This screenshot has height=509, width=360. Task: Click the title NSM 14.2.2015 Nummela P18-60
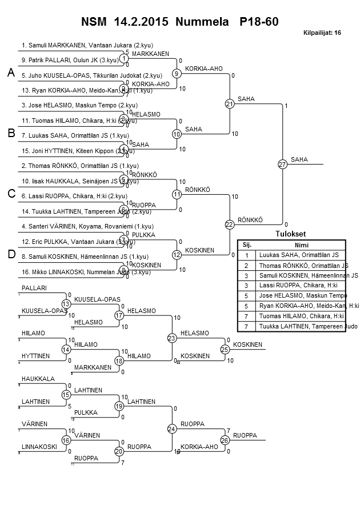[x=179, y=22]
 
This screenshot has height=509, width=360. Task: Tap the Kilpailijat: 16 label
[x=322, y=33]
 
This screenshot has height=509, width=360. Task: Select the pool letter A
[x=10, y=73]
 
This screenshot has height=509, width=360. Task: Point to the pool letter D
[x=10, y=254]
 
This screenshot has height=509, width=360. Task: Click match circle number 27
[x=282, y=165]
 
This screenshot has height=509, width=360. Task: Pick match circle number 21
[x=229, y=104]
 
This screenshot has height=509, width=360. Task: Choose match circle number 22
[x=229, y=225]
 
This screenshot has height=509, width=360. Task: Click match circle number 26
[x=225, y=440]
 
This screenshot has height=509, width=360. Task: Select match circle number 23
[x=172, y=338]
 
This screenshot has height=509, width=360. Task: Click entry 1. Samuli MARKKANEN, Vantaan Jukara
[x=87, y=45]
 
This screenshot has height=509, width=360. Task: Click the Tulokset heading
[x=290, y=234]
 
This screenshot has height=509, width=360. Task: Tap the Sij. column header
[x=246, y=244]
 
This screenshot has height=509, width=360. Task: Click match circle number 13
[x=66, y=303]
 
